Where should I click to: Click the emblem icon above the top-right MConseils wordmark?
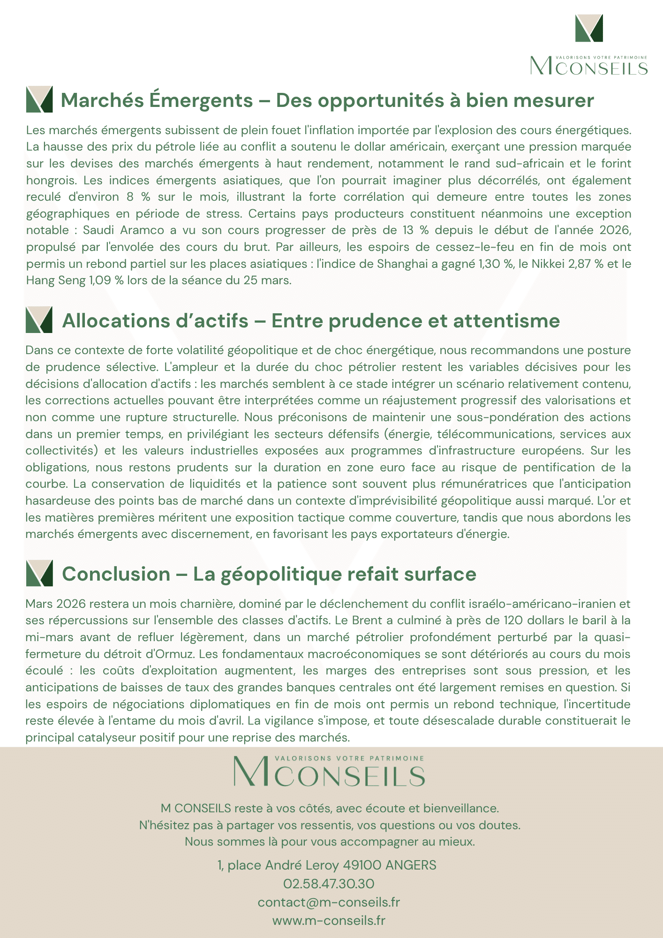(589, 28)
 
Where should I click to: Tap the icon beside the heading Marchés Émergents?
(39, 99)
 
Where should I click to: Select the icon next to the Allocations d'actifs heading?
(39, 320)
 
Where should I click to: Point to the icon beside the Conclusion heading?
(39, 573)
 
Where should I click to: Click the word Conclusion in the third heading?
(116, 574)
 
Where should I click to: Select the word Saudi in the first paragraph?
(98, 230)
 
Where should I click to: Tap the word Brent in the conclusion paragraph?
(367, 620)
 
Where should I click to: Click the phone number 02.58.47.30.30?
(328, 884)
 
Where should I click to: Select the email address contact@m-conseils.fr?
(328, 902)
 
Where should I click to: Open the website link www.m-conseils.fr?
(328, 920)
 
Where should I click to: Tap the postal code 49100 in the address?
(362, 865)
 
